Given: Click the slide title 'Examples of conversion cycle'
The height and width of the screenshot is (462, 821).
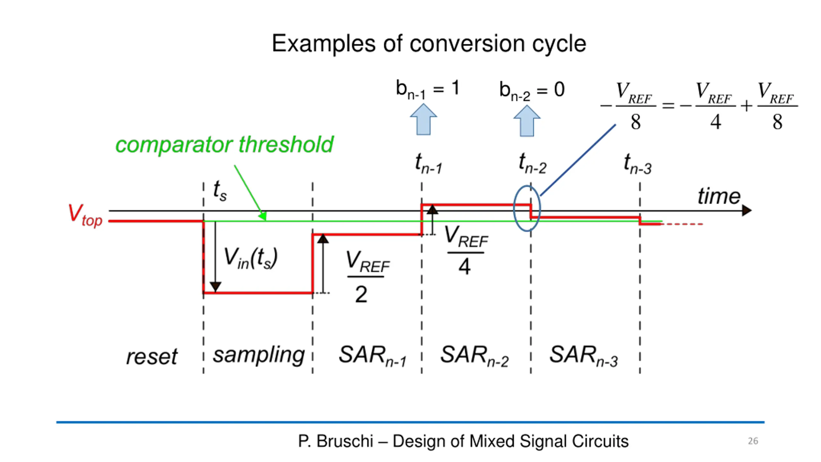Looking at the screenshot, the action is point(429,44).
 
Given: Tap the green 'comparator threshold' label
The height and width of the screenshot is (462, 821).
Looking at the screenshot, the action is point(224,145).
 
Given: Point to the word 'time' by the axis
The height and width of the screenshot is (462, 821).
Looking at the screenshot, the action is point(719,196).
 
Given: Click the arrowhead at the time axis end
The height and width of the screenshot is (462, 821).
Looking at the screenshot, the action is point(747,211).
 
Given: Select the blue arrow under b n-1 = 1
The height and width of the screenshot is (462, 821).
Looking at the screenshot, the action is point(423,119).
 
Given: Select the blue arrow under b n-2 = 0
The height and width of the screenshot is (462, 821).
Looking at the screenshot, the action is point(527,121).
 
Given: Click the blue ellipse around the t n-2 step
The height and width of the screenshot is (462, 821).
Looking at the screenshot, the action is point(514,209).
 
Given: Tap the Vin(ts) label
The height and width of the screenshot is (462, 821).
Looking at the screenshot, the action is point(250,258).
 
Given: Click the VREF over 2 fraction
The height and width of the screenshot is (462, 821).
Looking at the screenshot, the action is point(368,277).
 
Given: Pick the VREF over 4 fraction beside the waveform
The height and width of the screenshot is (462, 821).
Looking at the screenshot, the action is point(466,250).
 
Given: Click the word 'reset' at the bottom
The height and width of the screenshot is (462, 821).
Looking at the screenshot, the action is point(152,357).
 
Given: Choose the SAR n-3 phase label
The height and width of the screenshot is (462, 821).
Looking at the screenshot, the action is point(584,355).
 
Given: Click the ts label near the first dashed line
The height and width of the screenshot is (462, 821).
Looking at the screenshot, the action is point(220,190).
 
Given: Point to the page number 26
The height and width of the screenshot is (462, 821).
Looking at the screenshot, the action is point(753,441).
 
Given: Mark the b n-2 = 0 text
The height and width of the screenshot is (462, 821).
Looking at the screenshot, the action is point(532,91).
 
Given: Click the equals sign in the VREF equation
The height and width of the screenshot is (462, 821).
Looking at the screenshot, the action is point(668,106).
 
